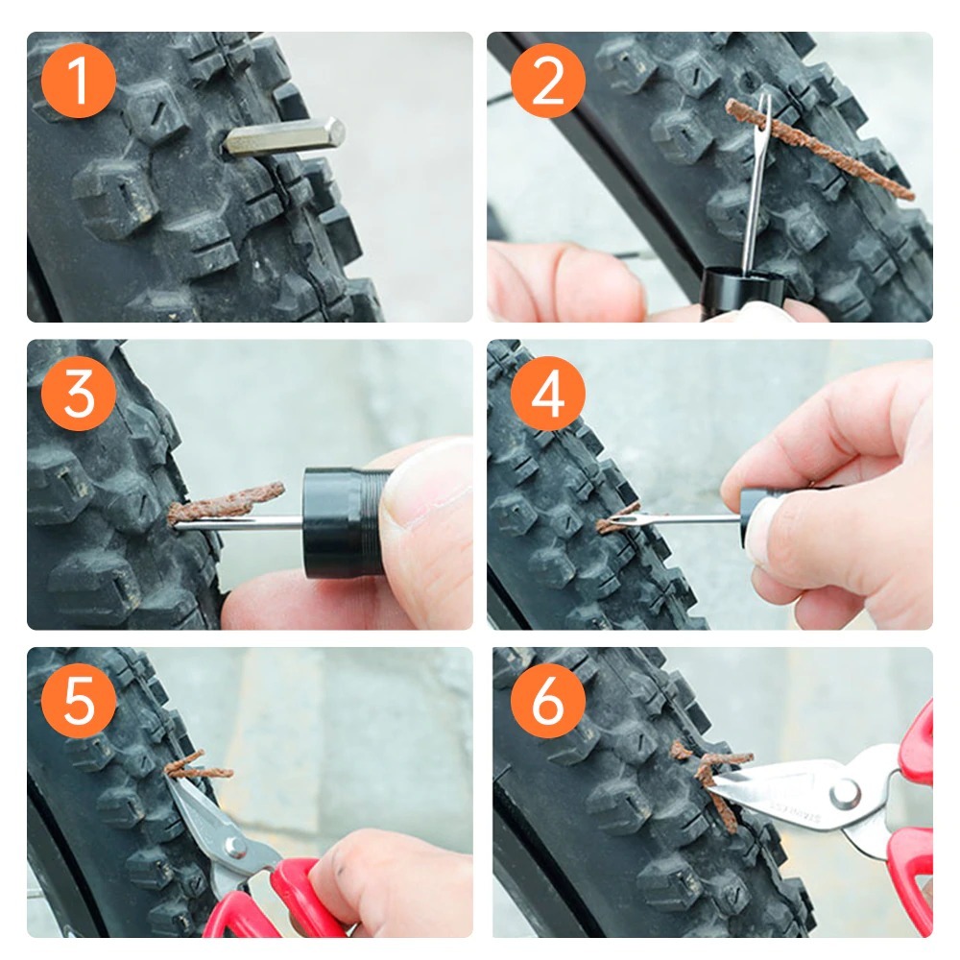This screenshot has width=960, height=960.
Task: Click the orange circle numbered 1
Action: pos(79,81)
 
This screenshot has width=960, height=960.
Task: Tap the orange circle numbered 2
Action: pos(548,81)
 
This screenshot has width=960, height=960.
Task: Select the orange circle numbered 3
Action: pos(79,393)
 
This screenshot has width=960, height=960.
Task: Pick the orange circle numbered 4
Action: pos(548,393)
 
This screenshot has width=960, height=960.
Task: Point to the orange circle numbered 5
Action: pos(79,701)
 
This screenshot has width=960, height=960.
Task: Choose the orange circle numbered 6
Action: pos(548,701)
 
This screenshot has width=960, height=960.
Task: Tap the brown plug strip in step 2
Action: pos(819,150)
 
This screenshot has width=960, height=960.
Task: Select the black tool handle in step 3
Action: pos(345,523)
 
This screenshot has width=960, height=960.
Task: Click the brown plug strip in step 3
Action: pos(227,502)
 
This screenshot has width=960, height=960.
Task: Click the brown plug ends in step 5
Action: pos(197,768)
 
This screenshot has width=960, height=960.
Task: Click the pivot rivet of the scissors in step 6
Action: pos(845,795)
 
